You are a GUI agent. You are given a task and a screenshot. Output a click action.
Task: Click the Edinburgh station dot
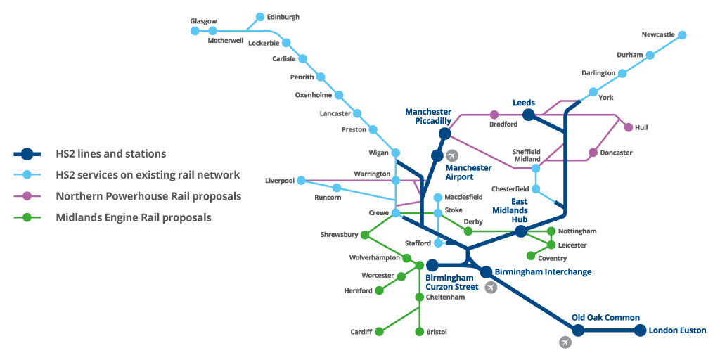click(260, 17)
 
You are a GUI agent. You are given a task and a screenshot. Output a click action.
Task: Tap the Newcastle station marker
click(681, 35)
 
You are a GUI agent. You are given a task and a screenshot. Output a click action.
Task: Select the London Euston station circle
click(640, 330)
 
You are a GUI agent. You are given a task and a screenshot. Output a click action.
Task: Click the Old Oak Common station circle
click(578, 330)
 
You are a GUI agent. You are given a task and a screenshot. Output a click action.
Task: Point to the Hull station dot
click(628, 127)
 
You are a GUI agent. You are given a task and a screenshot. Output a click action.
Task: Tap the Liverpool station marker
click(301, 181)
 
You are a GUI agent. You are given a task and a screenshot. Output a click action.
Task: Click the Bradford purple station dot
click(494, 115)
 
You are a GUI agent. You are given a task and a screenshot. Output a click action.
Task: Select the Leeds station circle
click(529, 115)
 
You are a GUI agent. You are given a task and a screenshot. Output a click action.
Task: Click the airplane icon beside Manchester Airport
click(452, 155)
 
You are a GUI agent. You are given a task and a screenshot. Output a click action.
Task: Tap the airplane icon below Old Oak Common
click(565, 342)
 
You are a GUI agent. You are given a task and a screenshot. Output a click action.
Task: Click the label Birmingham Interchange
click(543, 271)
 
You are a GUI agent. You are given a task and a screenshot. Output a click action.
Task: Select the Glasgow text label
click(203, 21)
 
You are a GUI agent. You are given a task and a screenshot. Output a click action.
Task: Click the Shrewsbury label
click(340, 235)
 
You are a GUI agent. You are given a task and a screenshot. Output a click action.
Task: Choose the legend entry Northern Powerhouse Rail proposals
click(148, 196)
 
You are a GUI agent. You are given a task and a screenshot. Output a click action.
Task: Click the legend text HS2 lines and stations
click(111, 154)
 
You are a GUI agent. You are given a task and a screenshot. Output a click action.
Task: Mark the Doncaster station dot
click(593, 153)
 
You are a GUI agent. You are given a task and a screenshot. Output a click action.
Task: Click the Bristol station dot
click(420, 331)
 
